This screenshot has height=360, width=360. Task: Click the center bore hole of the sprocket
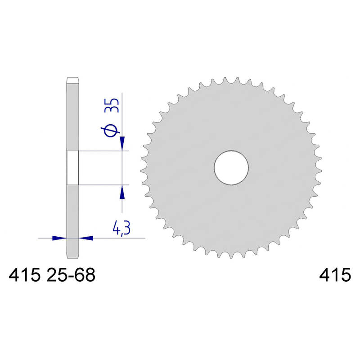pos(231,167)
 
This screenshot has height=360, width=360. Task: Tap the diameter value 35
pos(112,105)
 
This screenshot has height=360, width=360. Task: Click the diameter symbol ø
pos(110,130)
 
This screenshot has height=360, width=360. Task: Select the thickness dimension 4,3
pos(121,228)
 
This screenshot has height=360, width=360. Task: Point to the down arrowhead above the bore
pos(122,144)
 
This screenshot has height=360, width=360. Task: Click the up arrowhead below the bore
pos(122,192)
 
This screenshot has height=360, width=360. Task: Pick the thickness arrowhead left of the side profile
pos(59,238)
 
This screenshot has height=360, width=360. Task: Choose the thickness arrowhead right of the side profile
pos(86,238)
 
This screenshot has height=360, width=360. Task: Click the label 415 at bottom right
pos(335,274)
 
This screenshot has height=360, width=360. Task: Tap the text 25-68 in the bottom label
pos(71,275)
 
